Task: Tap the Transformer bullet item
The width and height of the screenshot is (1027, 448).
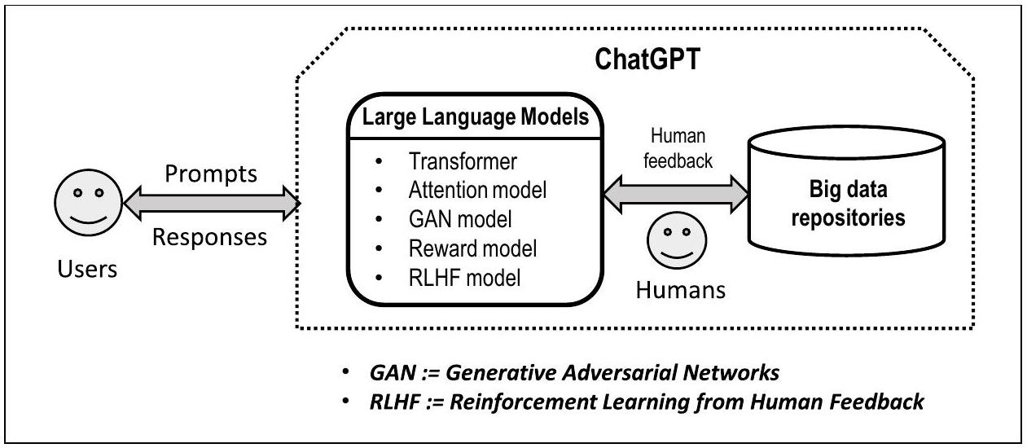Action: click(x=463, y=161)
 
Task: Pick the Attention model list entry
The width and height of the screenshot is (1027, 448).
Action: click(x=476, y=191)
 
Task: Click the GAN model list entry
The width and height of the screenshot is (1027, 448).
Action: click(x=454, y=220)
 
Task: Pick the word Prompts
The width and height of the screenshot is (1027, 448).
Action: click(x=210, y=175)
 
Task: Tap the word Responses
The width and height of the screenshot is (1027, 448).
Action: click(x=210, y=237)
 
